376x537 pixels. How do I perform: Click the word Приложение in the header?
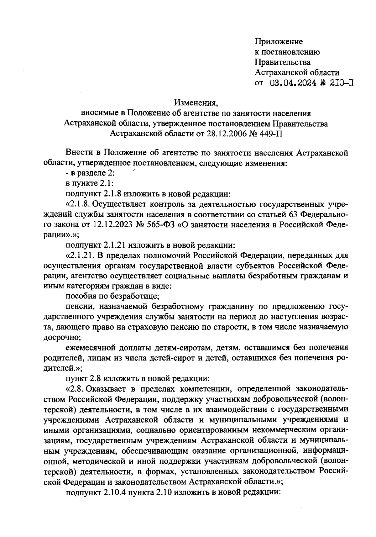pyautogui.click(x=279, y=41)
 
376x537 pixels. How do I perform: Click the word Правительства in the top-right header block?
pyautogui.click(x=283, y=62)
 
